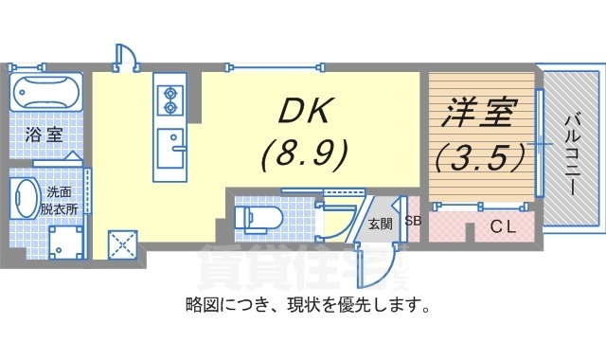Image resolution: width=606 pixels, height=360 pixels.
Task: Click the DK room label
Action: (306, 111)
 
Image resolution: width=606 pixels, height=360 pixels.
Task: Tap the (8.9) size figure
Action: (305, 151)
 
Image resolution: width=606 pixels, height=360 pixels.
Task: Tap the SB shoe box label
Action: (413, 222)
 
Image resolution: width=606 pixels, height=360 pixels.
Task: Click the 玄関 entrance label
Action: (381, 225)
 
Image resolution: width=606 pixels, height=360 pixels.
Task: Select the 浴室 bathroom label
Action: (43, 135)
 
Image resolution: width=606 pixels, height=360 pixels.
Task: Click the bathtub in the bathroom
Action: (45, 95)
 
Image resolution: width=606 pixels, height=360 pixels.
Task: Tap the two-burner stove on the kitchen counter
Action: (171, 95)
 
